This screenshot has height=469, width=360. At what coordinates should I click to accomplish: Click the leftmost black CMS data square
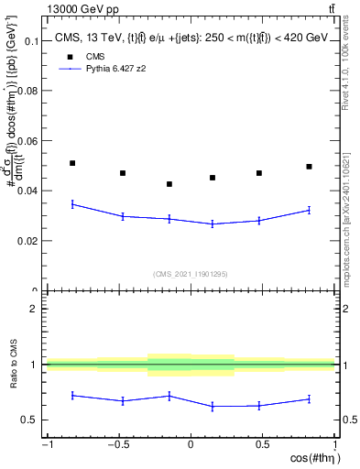pos(72,163)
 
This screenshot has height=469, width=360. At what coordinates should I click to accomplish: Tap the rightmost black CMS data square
pos(310,167)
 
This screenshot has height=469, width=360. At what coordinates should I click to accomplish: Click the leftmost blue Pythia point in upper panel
pos(72,204)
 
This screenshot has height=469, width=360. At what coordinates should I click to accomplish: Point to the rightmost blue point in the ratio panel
pos(310,398)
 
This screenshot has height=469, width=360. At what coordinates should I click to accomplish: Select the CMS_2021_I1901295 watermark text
pos(190,274)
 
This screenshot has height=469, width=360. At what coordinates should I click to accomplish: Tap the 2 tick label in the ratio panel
pos(34,309)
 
